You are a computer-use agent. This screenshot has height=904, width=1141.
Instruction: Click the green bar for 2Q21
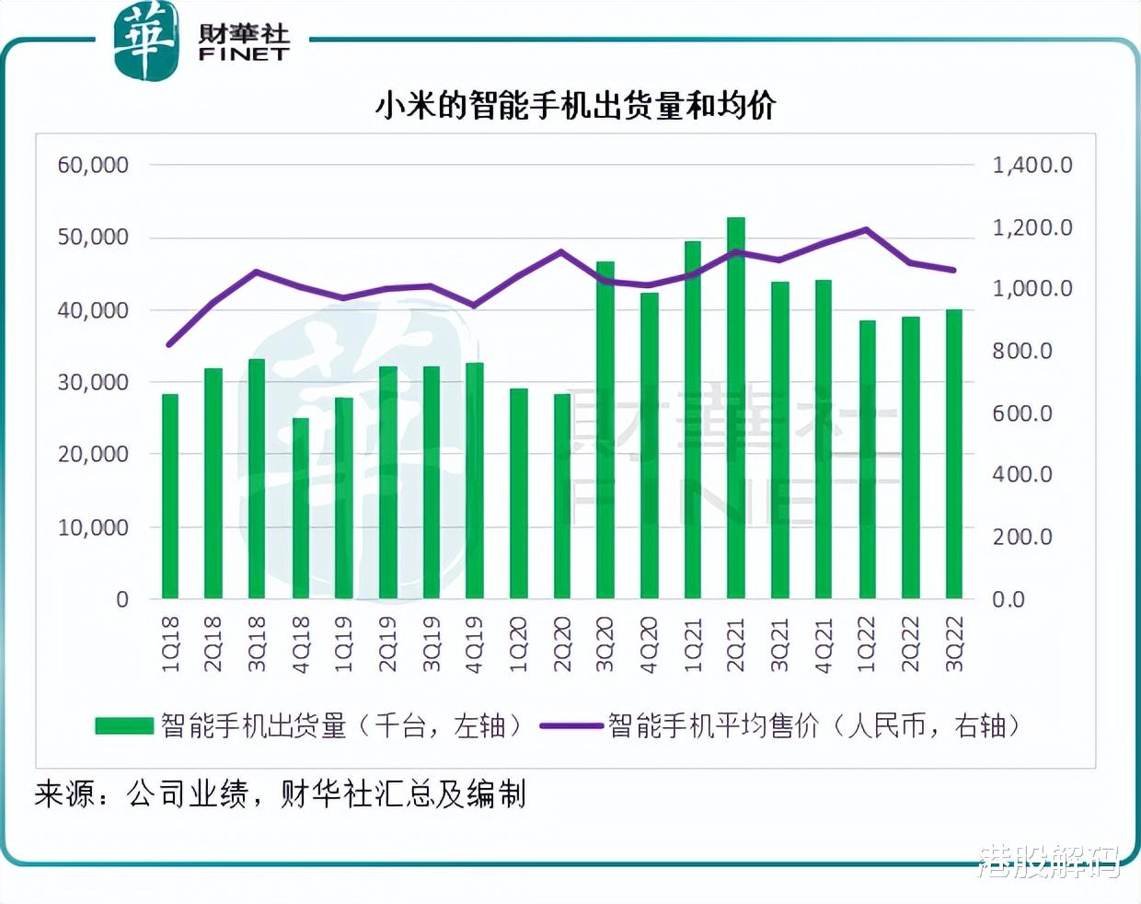coord(735,409)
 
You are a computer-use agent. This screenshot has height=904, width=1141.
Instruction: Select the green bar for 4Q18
coord(301,508)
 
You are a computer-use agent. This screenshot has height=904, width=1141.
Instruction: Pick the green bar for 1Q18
coord(170,496)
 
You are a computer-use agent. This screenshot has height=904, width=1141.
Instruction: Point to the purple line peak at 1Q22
coord(867,229)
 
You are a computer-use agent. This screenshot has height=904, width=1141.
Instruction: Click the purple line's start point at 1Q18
coord(169,344)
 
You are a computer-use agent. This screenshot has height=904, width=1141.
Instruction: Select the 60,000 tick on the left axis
coord(93,166)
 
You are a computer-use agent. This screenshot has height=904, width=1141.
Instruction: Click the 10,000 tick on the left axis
coord(93,527)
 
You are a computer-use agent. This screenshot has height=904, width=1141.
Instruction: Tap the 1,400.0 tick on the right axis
coord(1032,166)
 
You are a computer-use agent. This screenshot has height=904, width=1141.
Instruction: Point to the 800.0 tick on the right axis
coord(1021,351)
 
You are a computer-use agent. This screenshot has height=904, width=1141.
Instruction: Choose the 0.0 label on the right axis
coord(1008,599)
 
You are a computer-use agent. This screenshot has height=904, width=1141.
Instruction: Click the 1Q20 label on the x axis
coord(518,644)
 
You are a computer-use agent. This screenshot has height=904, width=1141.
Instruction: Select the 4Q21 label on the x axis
coord(823,644)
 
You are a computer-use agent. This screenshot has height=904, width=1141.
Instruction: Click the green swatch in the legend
coord(124,726)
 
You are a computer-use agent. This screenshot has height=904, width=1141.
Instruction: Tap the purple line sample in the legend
coord(570,726)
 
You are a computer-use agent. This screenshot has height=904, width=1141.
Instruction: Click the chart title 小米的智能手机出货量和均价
coord(575,106)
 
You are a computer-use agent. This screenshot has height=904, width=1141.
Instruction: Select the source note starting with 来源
coord(281,794)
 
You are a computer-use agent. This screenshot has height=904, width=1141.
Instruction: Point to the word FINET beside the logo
coord(244,54)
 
